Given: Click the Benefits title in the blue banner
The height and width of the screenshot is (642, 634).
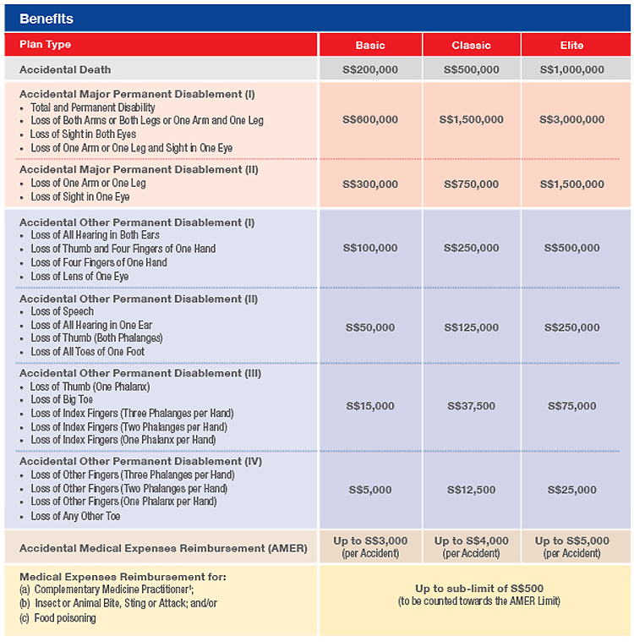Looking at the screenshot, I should click(x=46, y=19).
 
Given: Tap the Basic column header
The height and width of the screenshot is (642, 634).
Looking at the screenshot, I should click(x=370, y=45).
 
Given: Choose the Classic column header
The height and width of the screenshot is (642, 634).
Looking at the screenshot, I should click(x=471, y=45).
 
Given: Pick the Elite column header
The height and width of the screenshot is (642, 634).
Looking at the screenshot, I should click(x=571, y=45).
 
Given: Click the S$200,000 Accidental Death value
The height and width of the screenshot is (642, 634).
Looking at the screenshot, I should click(x=370, y=69).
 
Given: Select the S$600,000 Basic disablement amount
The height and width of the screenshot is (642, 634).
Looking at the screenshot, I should click(x=370, y=120).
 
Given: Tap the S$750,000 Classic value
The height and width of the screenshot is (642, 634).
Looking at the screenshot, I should click(x=471, y=184).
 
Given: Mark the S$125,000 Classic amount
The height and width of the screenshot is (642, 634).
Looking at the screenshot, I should click(x=471, y=327).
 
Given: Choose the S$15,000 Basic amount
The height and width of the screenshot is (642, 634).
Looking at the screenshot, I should click(x=370, y=406).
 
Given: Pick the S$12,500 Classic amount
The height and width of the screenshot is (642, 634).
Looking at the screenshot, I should click(x=471, y=490).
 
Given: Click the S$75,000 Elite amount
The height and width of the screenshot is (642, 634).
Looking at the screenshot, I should click(x=572, y=406).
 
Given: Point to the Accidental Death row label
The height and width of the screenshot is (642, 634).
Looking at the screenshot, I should click(x=65, y=69).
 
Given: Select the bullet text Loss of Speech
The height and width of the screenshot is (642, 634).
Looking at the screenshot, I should click(x=63, y=312).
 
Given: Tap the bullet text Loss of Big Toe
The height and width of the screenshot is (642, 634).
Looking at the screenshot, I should click(x=63, y=400).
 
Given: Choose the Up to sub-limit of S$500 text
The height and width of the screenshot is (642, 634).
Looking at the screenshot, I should click(x=478, y=588).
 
